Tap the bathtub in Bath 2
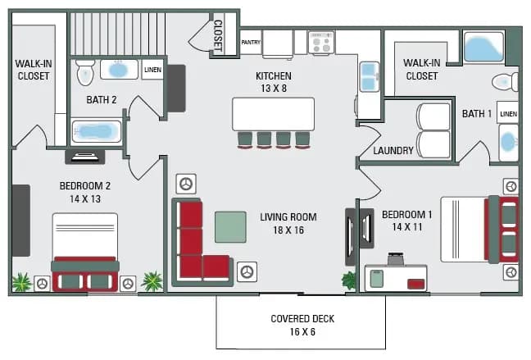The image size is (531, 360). click(97, 131)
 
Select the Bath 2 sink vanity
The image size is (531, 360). click(120, 70)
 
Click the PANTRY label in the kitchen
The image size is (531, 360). click(250, 41)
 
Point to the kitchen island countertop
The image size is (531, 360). click(274, 114)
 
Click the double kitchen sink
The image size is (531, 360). click(370, 76)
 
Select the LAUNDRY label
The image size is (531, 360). click(393, 151)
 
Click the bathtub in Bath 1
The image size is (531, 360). click(483, 47)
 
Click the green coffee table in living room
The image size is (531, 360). click(230, 226)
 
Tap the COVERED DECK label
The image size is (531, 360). click(302, 318)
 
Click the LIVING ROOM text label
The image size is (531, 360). click(288, 217)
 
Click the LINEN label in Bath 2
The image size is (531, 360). click(152, 70)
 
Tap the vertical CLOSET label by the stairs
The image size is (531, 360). click(218, 35)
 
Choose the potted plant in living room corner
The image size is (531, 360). click(350, 280)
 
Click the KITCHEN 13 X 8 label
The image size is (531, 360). click(274, 82)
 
